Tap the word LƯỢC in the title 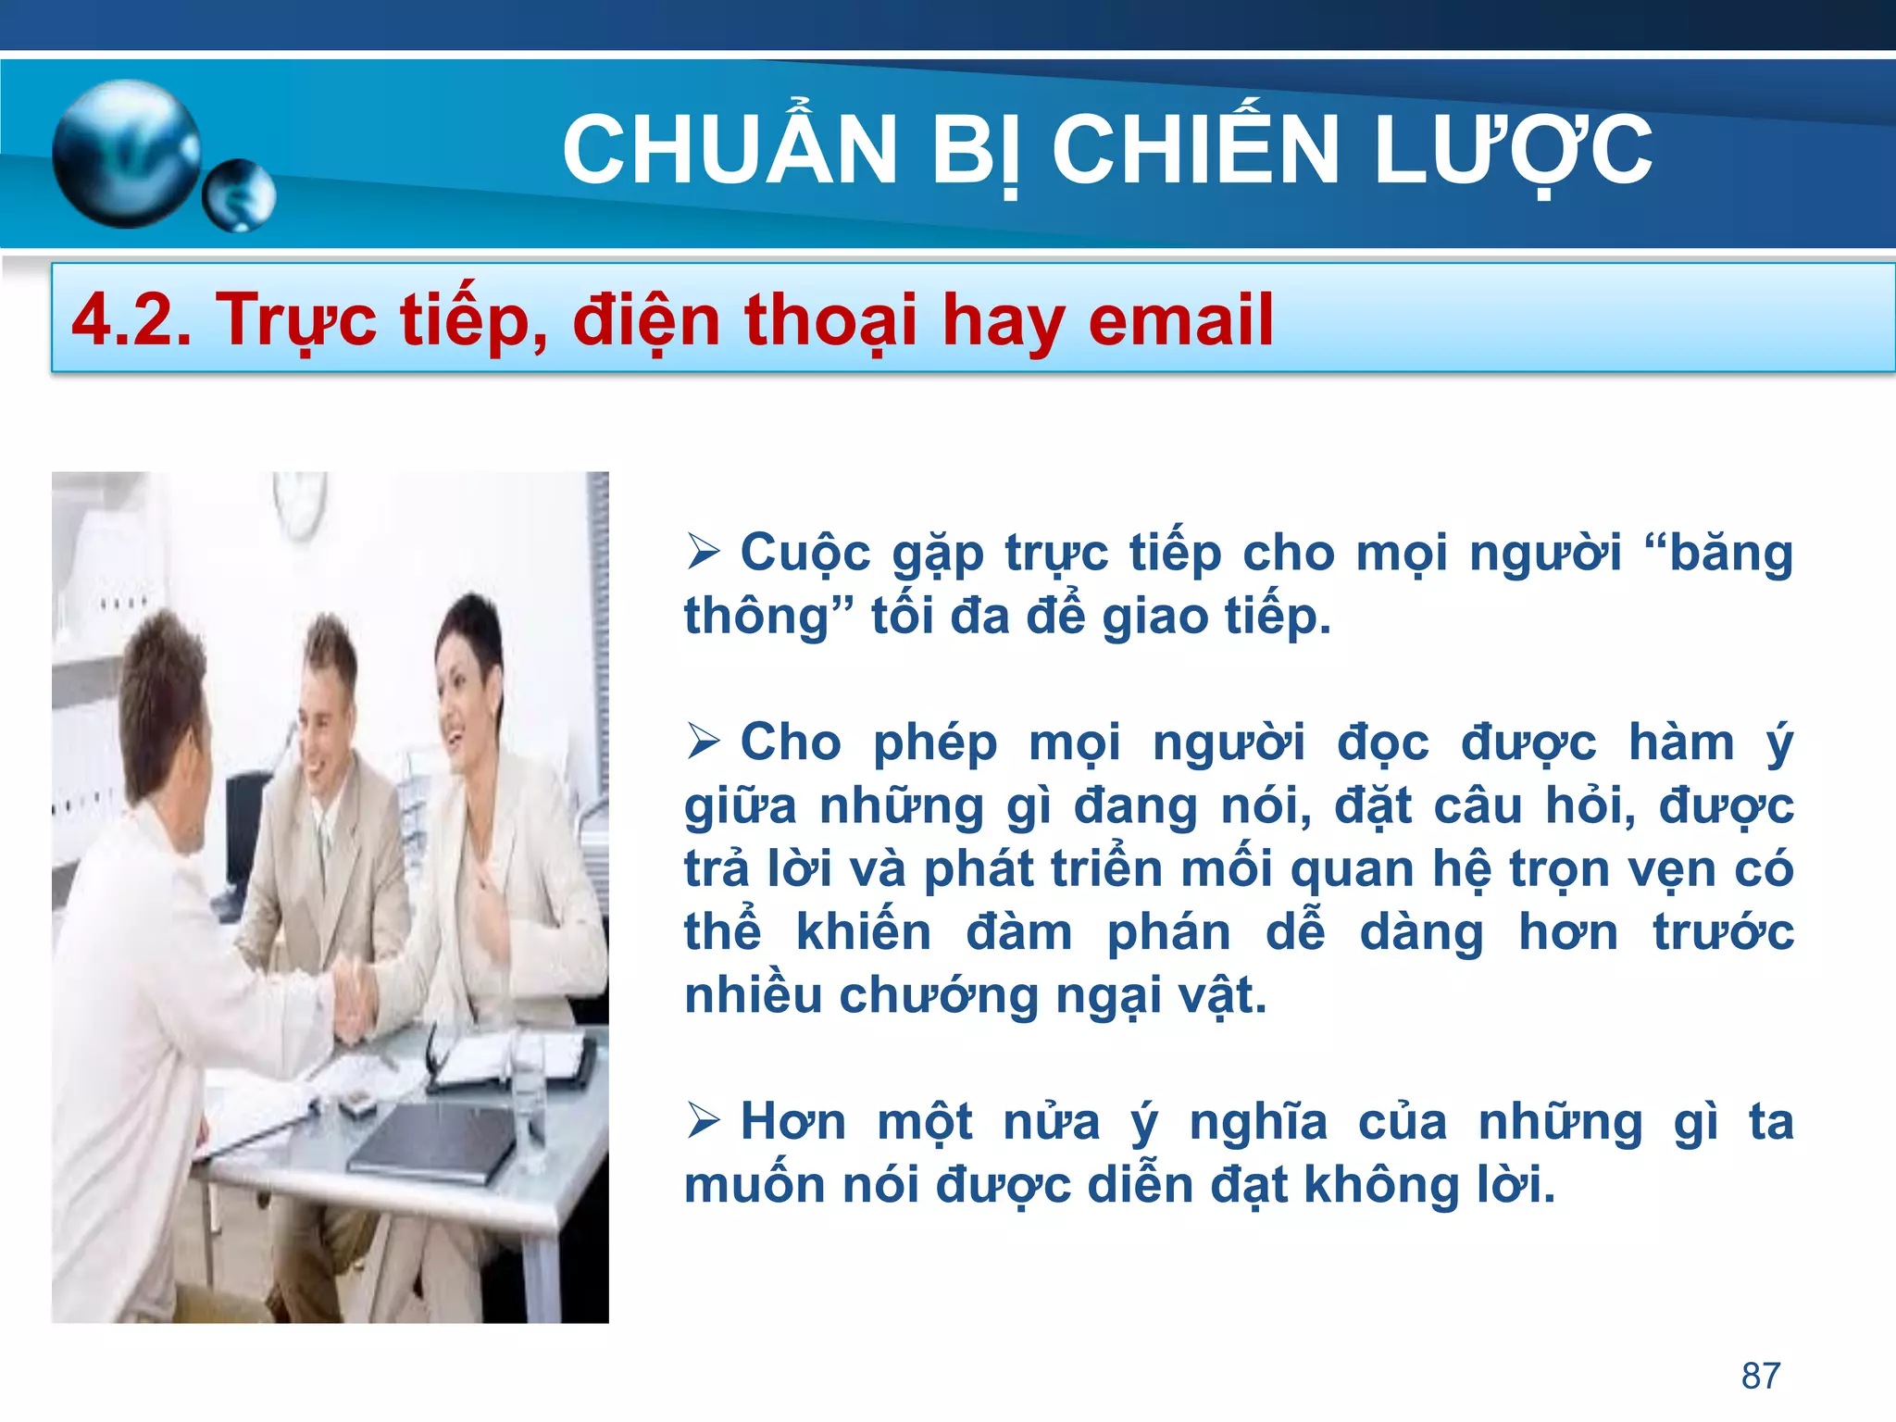(x=1513, y=151)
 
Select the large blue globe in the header (x=126, y=154)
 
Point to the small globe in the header (x=239, y=194)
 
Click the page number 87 (x=1760, y=1376)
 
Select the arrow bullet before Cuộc (x=704, y=554)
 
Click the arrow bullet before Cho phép (x=704, y=742)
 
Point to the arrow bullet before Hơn (x=704, y=1122)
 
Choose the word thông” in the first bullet (x=768, y=617)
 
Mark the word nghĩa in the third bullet (x=1258, y=1122)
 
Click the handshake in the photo (x=352, y=995)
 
